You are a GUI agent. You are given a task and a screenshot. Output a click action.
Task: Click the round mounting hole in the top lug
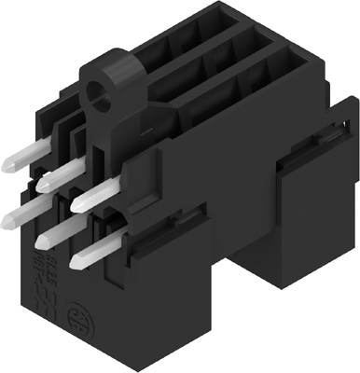[x=96, y=92]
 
